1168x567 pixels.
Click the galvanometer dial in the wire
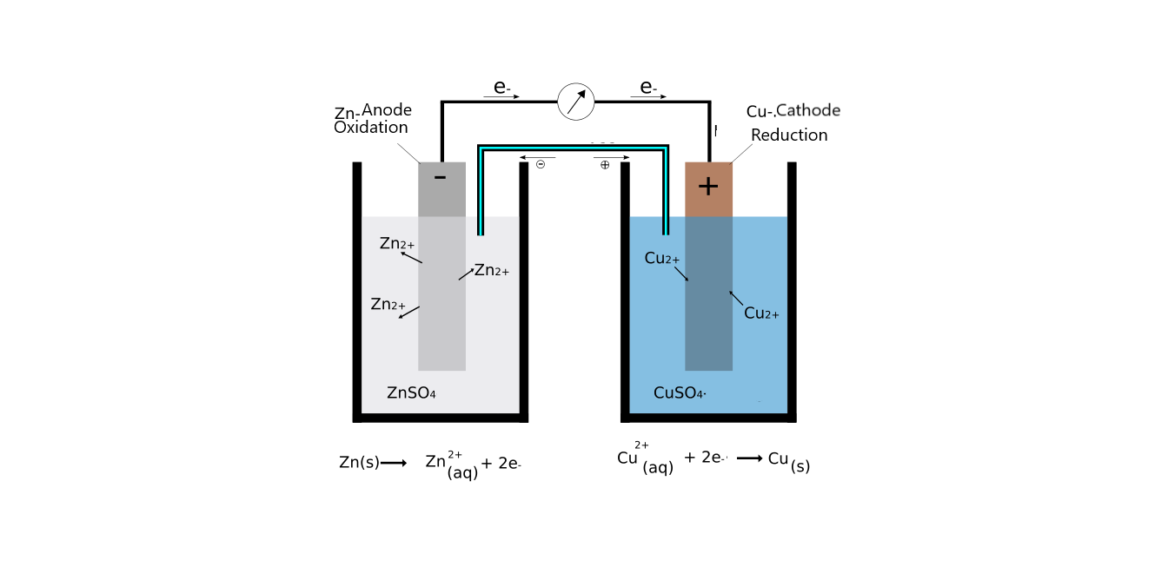click(575, 102)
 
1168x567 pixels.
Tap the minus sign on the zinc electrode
click(440, 178)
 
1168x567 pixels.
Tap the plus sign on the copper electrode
click(708, 186)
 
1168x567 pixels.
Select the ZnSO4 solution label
click(411, 393)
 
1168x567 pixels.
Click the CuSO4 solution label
click(679, 393)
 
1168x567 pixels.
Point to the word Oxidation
click(371, 128)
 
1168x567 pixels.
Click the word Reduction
click(789, 135)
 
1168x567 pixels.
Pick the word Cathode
click(808, 110)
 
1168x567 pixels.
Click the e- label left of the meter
click(501, 87)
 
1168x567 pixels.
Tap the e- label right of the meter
click(647, 87)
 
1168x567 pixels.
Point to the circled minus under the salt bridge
click(541, 164)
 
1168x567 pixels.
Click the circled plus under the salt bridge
click(605, 164)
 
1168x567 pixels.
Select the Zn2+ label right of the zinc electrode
click(492, 271)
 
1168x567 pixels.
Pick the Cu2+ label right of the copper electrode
click(761, 313)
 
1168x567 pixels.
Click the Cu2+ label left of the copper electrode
click(662, 259)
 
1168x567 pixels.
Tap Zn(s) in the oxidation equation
click(359, 463)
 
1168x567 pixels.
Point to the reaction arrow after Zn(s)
click(394, 463)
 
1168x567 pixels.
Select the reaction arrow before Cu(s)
click(749, 458)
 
